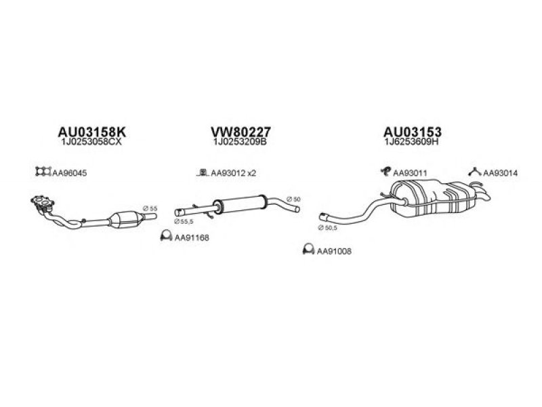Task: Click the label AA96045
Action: pyautogui.click(x=70, y=173)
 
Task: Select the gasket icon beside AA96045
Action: pyautogui.click(x=43, y=172)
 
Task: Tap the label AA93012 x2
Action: pyautogui.click(x=234, y=173)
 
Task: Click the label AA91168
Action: pyautogui.click(x=190, y=237)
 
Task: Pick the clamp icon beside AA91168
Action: pyautogui.click(x=165, y=237)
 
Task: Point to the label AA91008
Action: pyautogui.click(x=334, y=252)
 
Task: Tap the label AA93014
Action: pyautogui.click(x=501, y=173)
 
